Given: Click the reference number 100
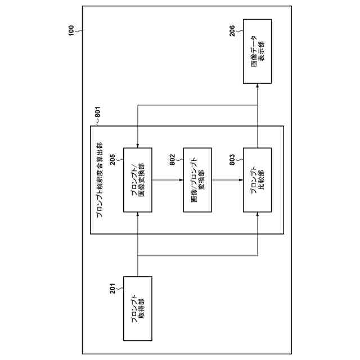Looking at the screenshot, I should pyautogui.click(x=70, y=30).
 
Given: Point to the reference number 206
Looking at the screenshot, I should pyautogui.click(x=233, y=31).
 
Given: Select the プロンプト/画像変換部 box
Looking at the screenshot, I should pyautogui.click(x=137, y=180).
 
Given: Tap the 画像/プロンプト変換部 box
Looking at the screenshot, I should pyautogui.click(x=197, y=180).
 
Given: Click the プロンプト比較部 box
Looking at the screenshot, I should pyautogui.click(x=257, y=180).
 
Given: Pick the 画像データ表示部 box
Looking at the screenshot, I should pyautogui.click(x=257, y=51).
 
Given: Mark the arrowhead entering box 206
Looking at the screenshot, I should pyautogui.click(x=257, y=86).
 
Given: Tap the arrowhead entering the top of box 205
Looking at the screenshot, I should pyautogui.click(x=137, y=145).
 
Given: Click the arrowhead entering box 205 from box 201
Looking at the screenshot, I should pyautogui.click(x=137, y=215).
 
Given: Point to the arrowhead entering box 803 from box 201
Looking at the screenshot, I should pyautogui.click(x=257, y=215).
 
